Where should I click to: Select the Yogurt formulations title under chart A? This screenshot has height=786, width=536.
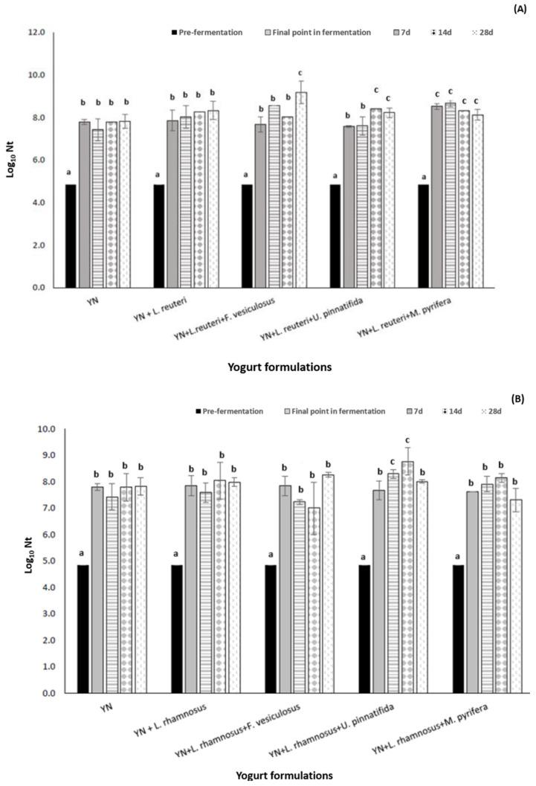click(277, 367)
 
